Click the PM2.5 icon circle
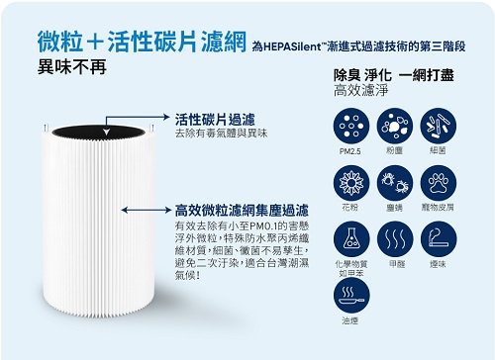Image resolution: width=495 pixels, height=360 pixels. point(351,126)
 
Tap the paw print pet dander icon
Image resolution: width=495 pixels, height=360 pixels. point(439,183)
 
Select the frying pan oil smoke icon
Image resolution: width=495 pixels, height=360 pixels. point(351,296)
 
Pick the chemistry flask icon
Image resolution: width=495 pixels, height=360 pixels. point(351,239)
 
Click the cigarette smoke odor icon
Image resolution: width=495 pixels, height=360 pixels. point(439,239)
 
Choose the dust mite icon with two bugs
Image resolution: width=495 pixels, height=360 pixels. point(395,183)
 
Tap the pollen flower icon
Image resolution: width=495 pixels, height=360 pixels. point(351,183)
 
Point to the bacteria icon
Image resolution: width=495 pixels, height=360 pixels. point(439,126)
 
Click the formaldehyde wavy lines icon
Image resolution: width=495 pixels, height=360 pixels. point(395,239)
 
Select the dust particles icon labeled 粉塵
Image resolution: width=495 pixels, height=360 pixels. point(395,126)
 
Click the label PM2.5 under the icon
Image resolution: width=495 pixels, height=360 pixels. point(350,151)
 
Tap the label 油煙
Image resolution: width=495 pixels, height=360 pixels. point(349,320)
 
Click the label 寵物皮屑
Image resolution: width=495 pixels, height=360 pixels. point(438,207)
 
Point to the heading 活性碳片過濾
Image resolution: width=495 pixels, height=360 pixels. point(215,120)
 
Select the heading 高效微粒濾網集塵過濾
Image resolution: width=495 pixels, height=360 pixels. point(242,211)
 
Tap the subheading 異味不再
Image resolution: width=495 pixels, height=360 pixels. point(72,66)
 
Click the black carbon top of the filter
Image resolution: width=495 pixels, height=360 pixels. point(98,133)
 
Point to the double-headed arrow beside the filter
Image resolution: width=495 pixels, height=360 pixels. point(147,210)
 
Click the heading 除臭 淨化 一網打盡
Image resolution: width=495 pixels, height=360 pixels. point(394,75)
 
